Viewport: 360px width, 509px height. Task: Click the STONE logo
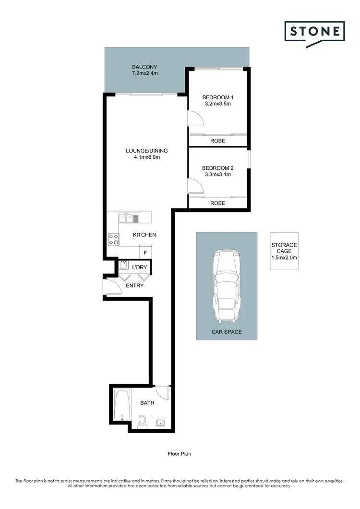coord(314,33)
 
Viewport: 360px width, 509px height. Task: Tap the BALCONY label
coord(145,67)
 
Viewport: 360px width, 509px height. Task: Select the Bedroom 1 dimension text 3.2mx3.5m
coord(217,103)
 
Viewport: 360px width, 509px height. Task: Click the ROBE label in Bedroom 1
coord(217,141)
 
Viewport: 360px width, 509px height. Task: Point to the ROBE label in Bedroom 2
coord(217,203)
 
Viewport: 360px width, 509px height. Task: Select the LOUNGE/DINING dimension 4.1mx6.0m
coord(146,157)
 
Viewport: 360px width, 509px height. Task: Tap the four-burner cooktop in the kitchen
coord(113,239)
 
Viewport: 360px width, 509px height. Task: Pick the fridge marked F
coord(145,252)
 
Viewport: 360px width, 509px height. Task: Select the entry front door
coord(112,288)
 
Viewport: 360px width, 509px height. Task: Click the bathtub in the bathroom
coord(122,405)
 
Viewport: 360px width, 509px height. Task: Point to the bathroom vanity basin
coord(160,423)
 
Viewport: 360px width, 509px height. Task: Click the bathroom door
coord(163,393)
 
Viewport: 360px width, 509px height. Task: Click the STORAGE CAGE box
coord(284,251)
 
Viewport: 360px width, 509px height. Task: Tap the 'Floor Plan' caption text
coord(180,453)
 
